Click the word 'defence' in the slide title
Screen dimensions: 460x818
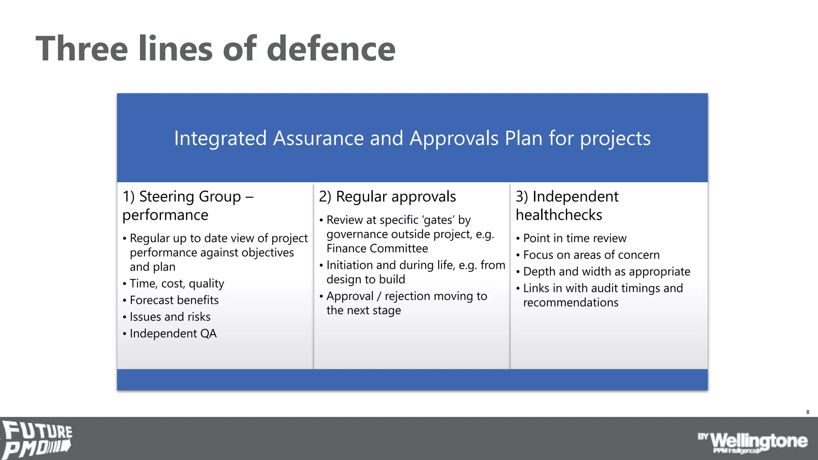[x=331, y=49]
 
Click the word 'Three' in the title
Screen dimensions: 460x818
[x=82, y=49]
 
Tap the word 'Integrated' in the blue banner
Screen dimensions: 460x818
[x=220, y=139]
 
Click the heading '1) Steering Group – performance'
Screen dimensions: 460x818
[x=188, y=206]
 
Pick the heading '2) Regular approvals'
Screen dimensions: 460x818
[x=387, y=197]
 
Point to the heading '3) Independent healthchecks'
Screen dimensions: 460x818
[x=567, y=206]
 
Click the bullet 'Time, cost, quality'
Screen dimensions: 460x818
[x=177, y=284]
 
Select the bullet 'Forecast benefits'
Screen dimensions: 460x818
[x=174, y=300]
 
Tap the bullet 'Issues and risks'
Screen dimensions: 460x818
[x=170, y=317]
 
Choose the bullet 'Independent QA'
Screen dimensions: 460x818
[x=173, y=334]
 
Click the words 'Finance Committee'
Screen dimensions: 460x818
[x=377, y=249]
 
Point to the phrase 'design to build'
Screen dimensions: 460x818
[x=365, y=280]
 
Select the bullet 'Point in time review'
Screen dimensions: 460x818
[x=574, y=238]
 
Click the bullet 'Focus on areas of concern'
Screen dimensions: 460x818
[x=591, y=255]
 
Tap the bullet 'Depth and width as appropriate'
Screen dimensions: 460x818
[x=606, y=272]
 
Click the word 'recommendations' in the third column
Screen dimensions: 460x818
[x=570, y=303]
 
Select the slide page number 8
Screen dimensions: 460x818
[x=808, y=412]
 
